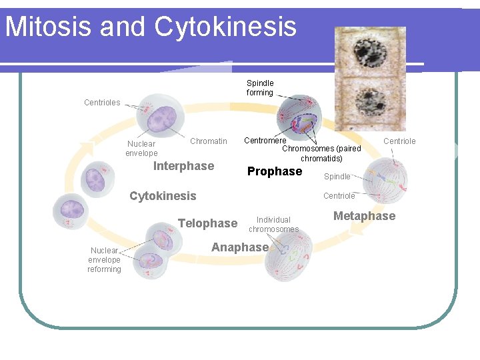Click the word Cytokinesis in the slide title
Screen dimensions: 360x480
pyautogui.click(x=225, y=27)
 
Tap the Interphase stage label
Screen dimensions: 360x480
pyautogui.click(x=183, y=166)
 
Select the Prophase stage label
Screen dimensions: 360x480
pyautogui.click(x=274, y=171)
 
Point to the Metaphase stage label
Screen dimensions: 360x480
pyautogui.click(x=364, y=216)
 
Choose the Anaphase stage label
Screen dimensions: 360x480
pyautogui.click(x=239, y=247)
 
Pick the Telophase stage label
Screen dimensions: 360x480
pyautogui.click(x=207, y=223)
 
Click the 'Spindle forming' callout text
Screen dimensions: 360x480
pyautogui.click(x=260, y=88)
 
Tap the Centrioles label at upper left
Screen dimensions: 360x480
pyautogui.click(x=102, y=103)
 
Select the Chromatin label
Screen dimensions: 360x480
pyautogui.click(x=208, y=141)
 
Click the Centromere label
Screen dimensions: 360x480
pyautogui.click(x=265, y=141)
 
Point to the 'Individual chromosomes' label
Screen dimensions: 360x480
pyautogui.click(x=273, y=225)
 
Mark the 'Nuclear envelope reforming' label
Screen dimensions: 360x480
pyautogui.click(x=105, y=260)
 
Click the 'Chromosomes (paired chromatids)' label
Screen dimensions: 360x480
pyautogui.click(x=321, y=153)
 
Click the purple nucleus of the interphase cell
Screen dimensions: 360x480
pyautogui.click(x=160, y=121)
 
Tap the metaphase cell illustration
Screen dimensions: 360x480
pyautogui.click(x=394, y=181)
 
